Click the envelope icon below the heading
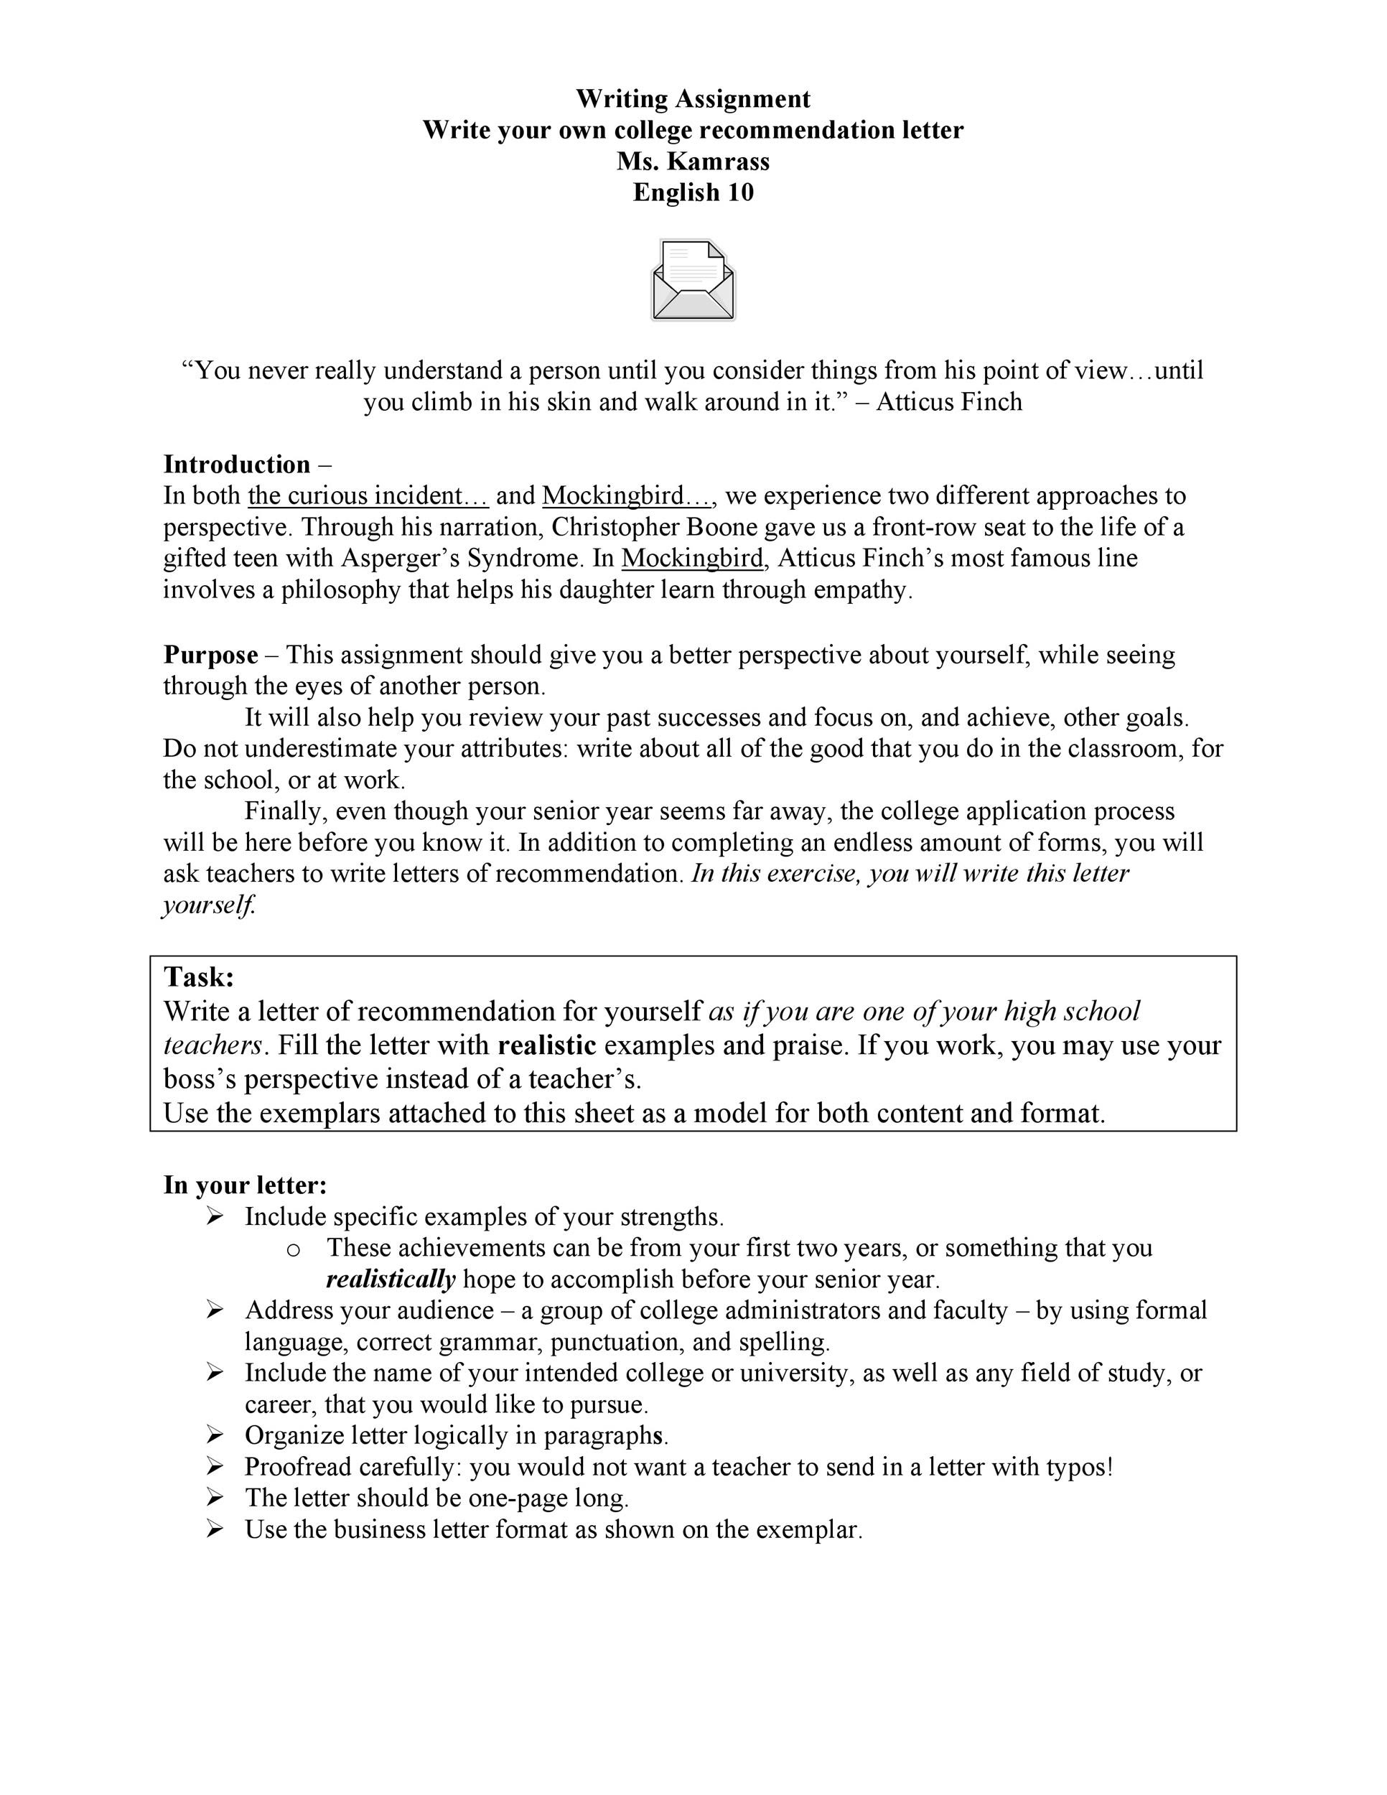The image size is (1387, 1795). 693,280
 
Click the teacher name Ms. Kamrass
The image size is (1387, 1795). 693,161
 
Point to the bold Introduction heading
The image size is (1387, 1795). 237,465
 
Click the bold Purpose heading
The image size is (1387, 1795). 210,655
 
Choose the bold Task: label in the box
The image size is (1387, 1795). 200,976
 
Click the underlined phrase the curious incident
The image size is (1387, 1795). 368,495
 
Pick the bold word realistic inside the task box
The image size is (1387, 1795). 547,1045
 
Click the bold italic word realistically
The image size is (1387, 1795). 391,1279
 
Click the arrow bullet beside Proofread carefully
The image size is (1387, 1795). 215,1466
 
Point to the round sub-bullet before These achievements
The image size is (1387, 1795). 294,1249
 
